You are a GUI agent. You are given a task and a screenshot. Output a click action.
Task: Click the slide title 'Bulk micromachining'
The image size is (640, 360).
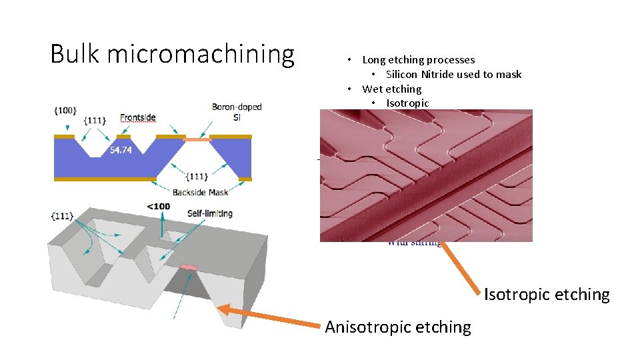click(172, 54)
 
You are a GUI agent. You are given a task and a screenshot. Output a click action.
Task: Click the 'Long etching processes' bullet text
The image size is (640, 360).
click(418, 60)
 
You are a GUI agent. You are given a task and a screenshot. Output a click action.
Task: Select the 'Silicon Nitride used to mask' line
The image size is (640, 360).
click(453, 74)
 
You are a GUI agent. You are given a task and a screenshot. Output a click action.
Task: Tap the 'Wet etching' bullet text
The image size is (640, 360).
click(391, 89)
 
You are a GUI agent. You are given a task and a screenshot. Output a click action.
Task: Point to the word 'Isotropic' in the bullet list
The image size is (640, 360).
click(407, 103)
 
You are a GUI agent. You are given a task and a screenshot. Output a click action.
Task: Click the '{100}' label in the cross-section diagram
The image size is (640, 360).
click(65, 109)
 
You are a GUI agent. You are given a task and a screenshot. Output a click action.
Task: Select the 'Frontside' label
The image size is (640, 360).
click(138, 118)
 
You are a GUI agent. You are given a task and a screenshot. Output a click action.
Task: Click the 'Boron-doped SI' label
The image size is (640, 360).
click(237, 111)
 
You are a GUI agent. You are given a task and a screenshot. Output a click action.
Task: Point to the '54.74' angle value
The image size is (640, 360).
click(121, 150)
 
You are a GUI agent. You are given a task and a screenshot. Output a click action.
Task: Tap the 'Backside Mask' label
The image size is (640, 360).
click(200, 192)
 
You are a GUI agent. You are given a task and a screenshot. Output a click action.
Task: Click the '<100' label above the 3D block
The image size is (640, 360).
click(158, 206)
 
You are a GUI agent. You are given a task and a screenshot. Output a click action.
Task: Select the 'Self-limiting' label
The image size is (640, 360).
click(209, 213)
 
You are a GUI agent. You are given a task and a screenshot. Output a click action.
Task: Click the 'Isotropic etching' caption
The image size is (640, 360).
click(547, 294)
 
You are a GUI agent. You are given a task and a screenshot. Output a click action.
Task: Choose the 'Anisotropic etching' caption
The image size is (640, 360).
click(398, 327)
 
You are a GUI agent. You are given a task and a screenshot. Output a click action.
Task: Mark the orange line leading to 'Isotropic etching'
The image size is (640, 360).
click(461, 267)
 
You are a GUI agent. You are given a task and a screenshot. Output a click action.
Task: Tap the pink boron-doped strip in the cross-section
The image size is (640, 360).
click(197, 139)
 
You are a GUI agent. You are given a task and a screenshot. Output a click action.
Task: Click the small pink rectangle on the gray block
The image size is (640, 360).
click(189, 267)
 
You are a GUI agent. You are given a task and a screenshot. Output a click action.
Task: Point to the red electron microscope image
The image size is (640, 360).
click(426, 175)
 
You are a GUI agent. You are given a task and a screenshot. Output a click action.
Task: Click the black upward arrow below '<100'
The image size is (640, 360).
click(161, 224)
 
